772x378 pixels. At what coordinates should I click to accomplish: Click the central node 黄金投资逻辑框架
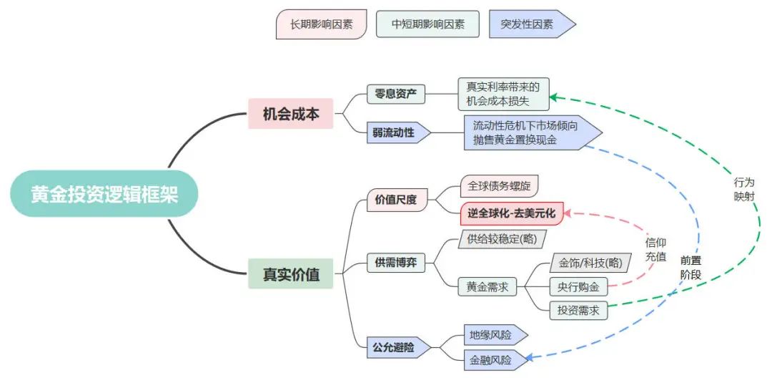click(104, 194)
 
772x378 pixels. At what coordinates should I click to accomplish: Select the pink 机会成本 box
click(290, 114)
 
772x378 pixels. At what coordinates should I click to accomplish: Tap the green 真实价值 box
click(290, 273)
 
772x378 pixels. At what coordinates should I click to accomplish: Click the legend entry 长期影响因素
click(321, 24)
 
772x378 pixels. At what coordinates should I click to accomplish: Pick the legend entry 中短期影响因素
click(427, 24)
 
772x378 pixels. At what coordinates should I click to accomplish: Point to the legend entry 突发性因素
click(532, 24)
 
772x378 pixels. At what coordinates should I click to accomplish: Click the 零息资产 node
click(396, 94)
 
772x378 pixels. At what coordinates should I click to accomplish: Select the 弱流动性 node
click(399, 133)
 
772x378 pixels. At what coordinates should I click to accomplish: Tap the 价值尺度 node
click(396, 200)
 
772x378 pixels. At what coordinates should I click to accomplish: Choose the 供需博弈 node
click(396, 263)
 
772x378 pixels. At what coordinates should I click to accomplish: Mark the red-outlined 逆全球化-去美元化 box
click(511, 213)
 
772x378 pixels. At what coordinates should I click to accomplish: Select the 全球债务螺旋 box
click(499, 186)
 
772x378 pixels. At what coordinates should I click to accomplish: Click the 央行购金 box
click(578, 286)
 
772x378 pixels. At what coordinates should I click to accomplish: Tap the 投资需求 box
click(578, 311)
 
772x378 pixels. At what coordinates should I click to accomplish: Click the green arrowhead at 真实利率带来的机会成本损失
click(553, 97)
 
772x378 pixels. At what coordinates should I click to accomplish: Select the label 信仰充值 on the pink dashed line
click(655, 249)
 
